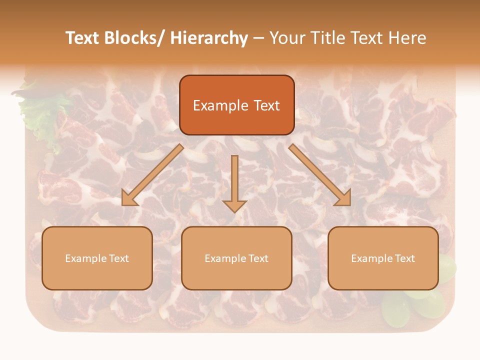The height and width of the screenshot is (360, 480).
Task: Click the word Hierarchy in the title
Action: (x=209, y=38)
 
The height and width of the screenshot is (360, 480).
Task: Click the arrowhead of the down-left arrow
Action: (x=129, y=198)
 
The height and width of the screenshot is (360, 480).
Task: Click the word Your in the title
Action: (x=287, y=38)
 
